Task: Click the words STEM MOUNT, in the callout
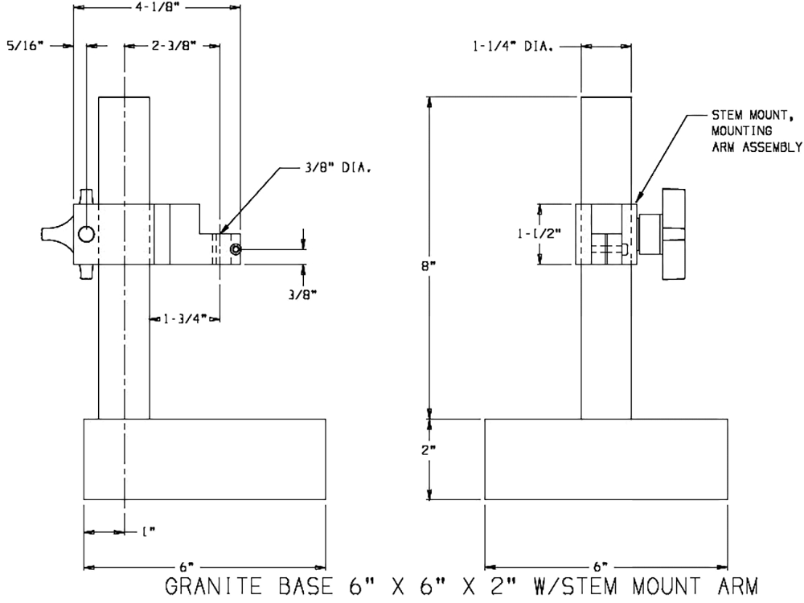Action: click(742, 115)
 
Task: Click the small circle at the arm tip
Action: click(234, 250)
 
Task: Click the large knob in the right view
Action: click(673, 234)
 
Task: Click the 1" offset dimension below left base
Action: click(147, 531)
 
